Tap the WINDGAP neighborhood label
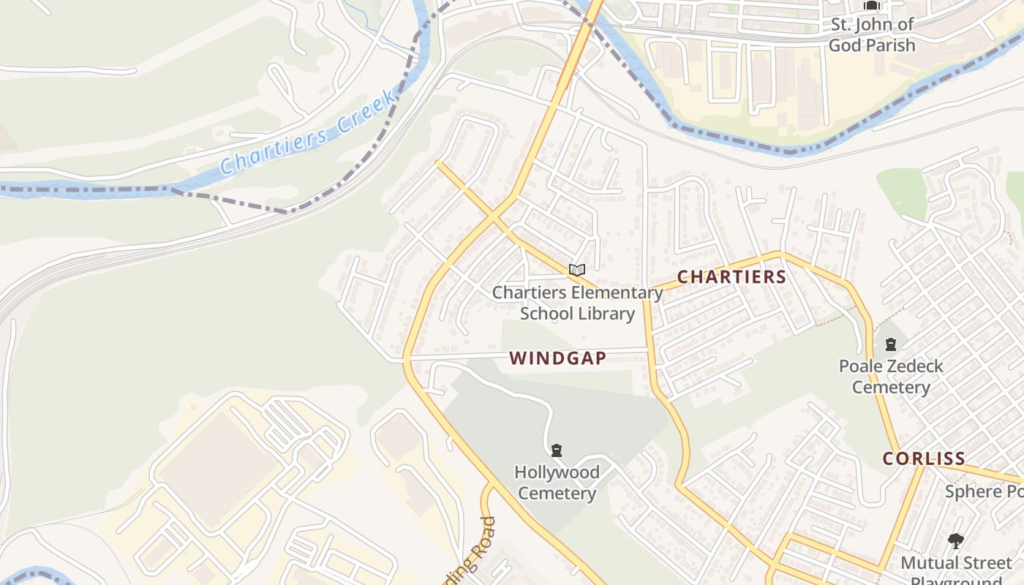(x=557, y=358)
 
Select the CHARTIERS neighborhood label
(x=731, y=277)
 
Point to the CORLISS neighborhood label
(x=924, y=458)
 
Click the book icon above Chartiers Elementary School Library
(x=577, y=270)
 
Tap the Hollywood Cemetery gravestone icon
(x=557, y=450)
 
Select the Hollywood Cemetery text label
(x=557, y=483)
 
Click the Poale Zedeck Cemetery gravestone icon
(x=890, y=344)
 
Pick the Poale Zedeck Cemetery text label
(x=890, y=377)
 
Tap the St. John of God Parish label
(x=871, y=34)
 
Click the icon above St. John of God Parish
(x=871, y=6)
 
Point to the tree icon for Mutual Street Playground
(x=955, y=541)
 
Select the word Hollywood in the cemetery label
(x=557, y=472)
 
